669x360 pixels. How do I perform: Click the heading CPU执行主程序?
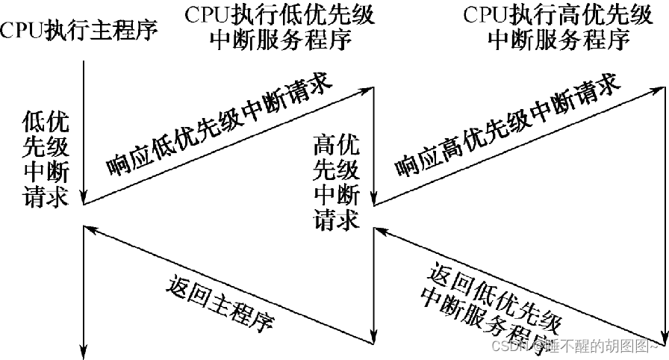(x=81, y=32)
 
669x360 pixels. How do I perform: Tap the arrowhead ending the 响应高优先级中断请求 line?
(x=657, y=90)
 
